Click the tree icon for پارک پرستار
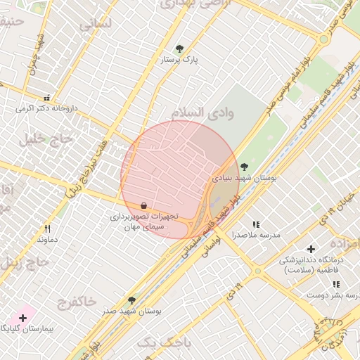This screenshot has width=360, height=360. (179, 49)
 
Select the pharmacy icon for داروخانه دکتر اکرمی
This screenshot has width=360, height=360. (47, 98)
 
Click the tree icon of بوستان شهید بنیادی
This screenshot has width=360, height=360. (244, 167)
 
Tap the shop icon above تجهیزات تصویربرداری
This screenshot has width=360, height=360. (144, 205)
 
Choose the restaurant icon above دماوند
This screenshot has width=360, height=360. (47, 229)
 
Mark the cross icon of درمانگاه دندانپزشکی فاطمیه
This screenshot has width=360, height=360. (311, 249)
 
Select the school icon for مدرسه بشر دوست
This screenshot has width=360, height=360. (336, 284)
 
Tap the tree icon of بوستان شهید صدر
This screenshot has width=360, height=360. (131, 300)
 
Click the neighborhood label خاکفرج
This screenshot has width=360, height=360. (74, 301)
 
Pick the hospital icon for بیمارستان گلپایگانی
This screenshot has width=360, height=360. (23, 319)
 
